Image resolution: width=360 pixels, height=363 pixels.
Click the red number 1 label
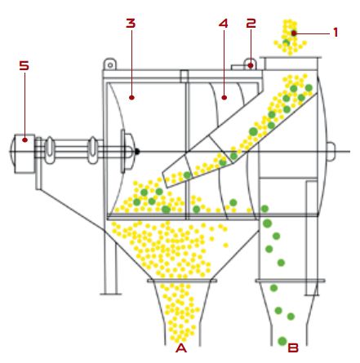tap(336, 33)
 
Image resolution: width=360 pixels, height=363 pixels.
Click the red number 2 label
tap(251, 23)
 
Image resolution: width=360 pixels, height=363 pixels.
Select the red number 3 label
tap(131, 23)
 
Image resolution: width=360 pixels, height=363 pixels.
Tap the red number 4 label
tap(224, 23)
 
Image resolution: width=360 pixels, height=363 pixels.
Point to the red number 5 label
tap(24, 65)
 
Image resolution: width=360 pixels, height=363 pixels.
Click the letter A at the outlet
tap(181, 348)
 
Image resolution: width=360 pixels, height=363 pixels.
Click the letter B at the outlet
tap(293, 348)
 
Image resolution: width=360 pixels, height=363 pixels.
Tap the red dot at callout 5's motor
tap(24, 139)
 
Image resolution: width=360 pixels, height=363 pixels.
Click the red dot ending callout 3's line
tap(131, 97)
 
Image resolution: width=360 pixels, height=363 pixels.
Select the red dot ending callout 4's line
tap(224, 97)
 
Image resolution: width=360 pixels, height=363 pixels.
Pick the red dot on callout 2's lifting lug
tap(251, 65)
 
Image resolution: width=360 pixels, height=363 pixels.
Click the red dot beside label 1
tap(294, 33)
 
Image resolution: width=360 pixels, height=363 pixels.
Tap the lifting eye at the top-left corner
tap(110, 64)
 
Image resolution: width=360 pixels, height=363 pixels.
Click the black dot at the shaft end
tap(137, 152)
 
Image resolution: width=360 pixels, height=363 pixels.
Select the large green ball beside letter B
tap(282, 341)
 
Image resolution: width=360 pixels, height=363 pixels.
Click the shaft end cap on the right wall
tap(331, 152)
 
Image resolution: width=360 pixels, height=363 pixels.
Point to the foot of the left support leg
tap(110, 294)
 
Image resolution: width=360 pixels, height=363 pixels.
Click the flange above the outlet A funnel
tap(182, 281)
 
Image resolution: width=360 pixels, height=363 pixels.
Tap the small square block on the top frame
tap(184, 76)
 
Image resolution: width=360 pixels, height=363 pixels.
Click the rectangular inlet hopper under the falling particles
tap(291, 63)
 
